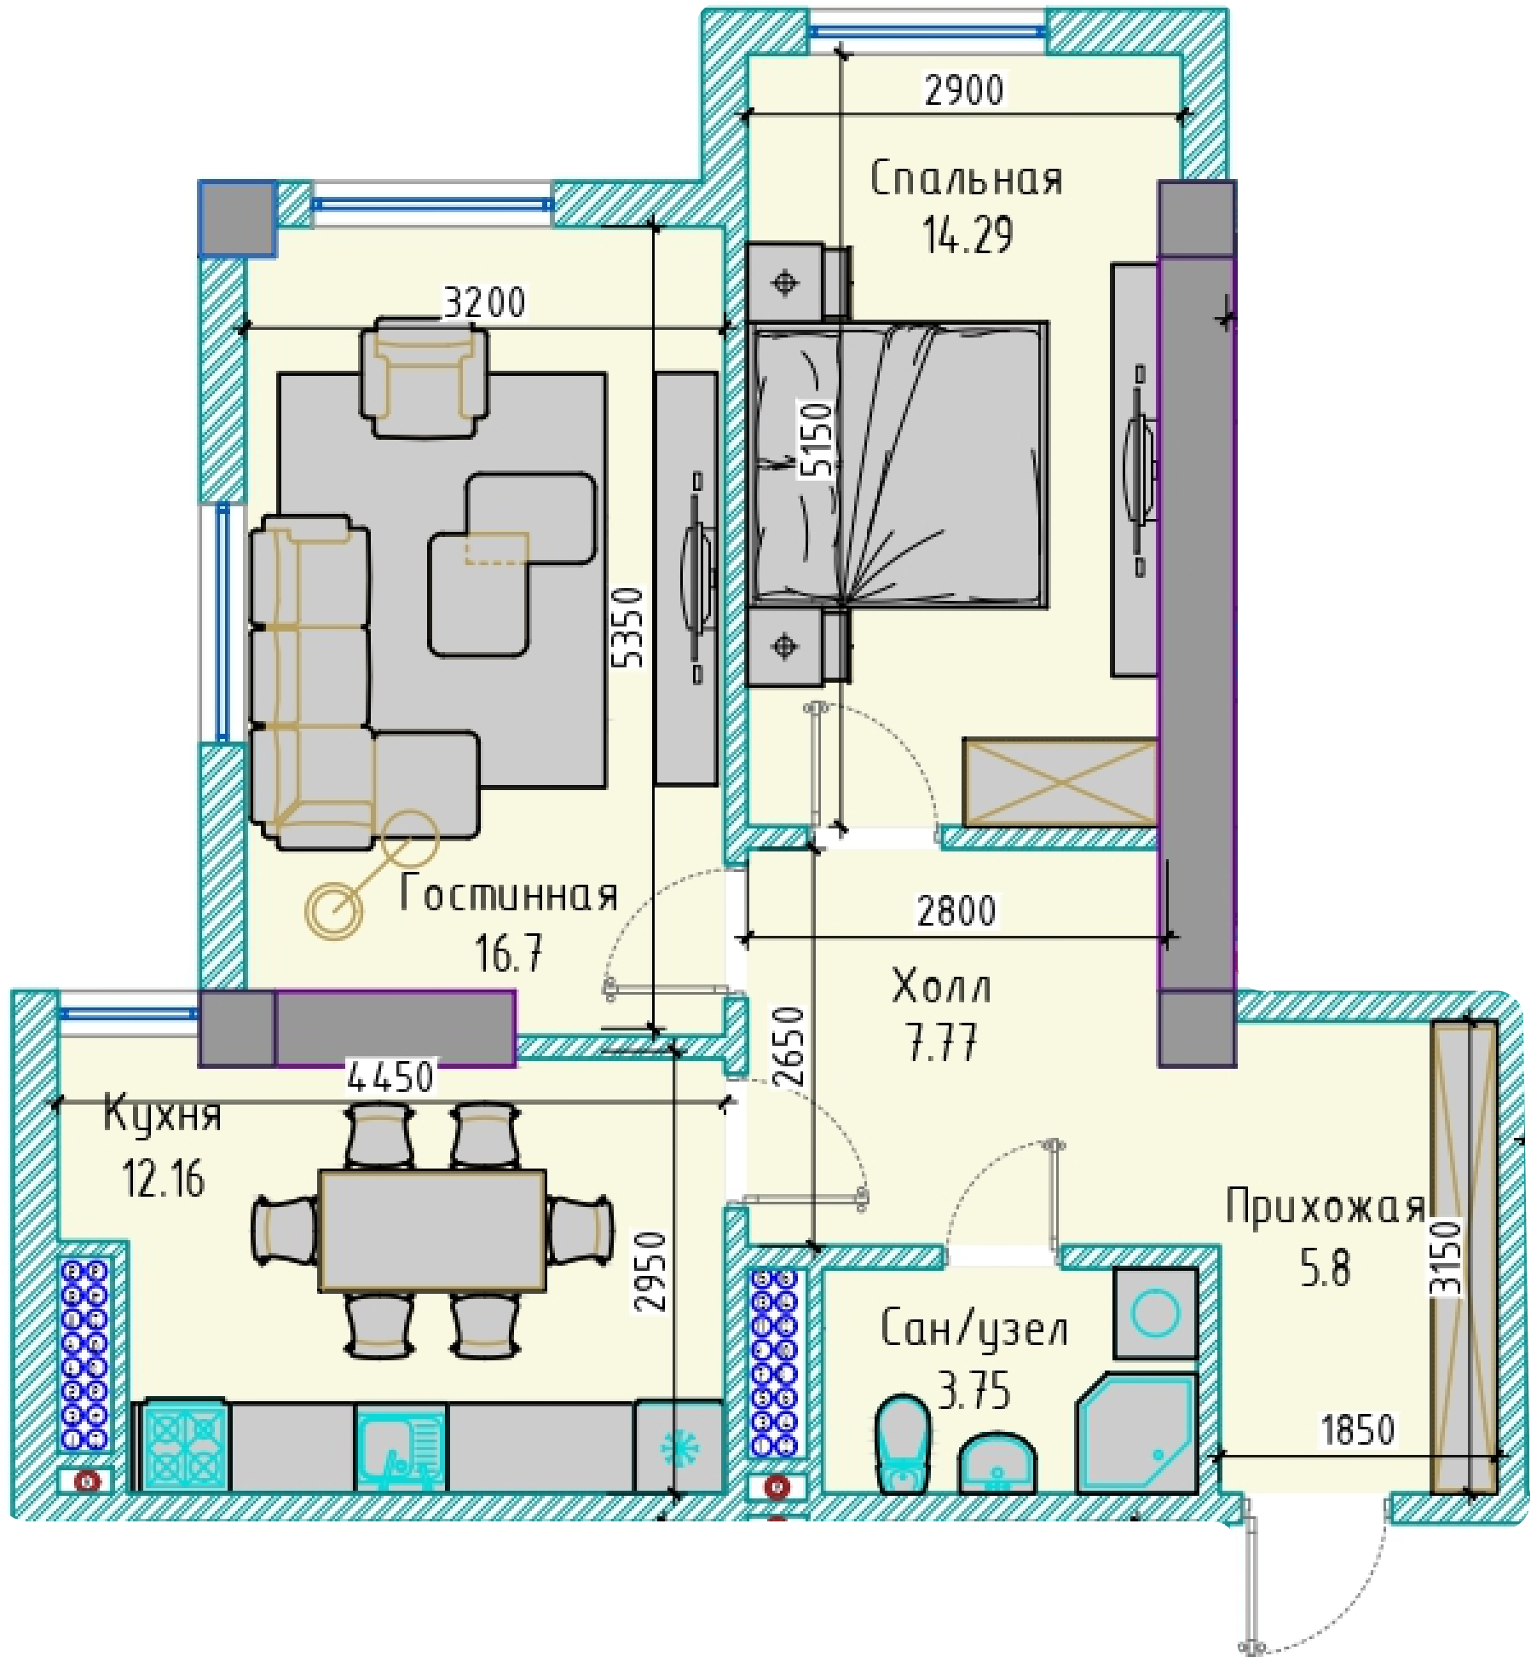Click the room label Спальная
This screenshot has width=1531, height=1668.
pyautogui.click(x=966, y=179)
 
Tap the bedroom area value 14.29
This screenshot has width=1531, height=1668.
pyautogui.click(x=968, y=235)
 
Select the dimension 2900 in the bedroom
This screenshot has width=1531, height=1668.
pyautogui.click(x=964, y=89)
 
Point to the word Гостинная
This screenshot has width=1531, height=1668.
pyautogui.click(x=508, y=894)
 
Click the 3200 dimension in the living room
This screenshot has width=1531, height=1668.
pyautogui.click(x=484, y=302)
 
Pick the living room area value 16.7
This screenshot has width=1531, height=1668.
pyautogui.click(x=508, y=953)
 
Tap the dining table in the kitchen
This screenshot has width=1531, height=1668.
pyautogui.click(x=432, y=1231)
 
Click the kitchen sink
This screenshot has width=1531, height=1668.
pyautogui.click(x=400, y=1448)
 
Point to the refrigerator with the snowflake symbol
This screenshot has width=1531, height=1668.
pyautogui.click(x=679, y=1448)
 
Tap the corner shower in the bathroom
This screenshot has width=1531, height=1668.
pyautogui.click(x=1137, y=1434)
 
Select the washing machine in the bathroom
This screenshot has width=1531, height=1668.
pyautogui.click(x=1155, y=1313)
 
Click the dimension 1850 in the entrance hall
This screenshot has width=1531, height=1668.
pyautogui.click(x=1357, y=1429)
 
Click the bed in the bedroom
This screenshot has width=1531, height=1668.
pyautogui.click(x=897, y=465)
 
